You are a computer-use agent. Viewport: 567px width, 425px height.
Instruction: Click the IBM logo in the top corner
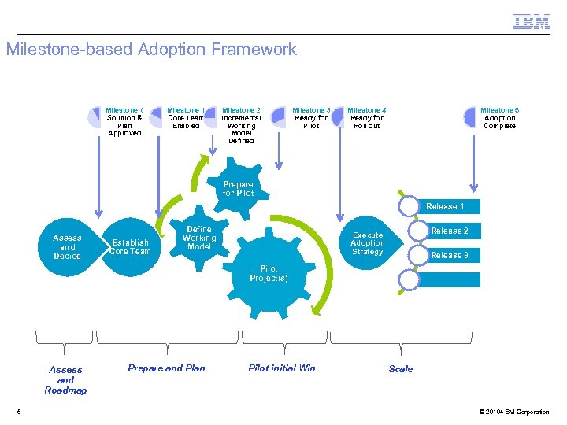(532, 21)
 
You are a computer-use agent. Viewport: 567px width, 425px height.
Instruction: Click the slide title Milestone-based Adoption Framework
(151, 50)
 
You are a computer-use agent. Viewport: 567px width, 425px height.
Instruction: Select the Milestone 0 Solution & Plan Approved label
(124, 122)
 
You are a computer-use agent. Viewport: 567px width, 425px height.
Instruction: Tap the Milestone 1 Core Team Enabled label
(187, 118)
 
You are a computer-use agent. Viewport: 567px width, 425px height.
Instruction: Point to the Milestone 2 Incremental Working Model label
(241, 126)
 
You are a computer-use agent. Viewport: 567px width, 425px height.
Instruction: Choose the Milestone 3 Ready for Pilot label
(311, 118)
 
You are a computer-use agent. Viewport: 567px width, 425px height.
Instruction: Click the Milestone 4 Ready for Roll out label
(367, 118)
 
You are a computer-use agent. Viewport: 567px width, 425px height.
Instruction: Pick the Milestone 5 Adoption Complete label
(499, 118)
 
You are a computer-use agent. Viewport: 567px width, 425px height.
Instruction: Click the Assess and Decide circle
(68, 246)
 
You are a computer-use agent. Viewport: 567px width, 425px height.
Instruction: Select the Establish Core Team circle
(130, 246)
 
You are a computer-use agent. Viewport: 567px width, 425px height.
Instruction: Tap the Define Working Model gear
(199, 238)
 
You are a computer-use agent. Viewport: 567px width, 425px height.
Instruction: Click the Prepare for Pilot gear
(239, 189)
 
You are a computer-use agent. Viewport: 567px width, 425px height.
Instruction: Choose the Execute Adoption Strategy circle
(368, 243)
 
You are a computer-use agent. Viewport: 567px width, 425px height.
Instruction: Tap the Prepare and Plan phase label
(166, 368)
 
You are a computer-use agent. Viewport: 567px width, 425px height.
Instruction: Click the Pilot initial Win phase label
(281, 368)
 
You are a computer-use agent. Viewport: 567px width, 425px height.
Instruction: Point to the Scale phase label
(400, 368)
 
